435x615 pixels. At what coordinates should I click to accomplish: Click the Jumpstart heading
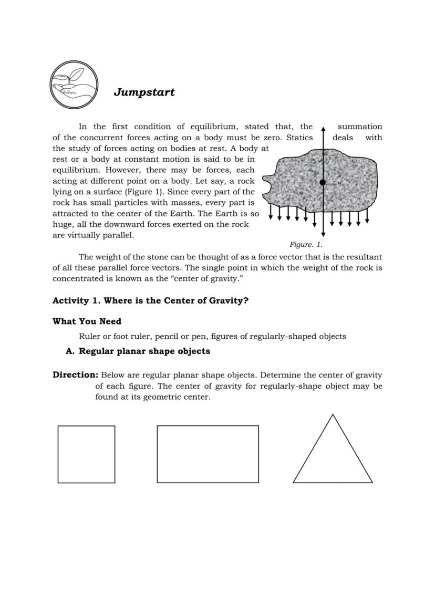click(x=144, y=92)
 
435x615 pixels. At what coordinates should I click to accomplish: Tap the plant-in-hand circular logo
click(x=74, y=85)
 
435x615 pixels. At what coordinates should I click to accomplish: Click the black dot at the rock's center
click(x=323, y=182)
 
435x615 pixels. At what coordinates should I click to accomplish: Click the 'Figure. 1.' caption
click(x=306, y=245)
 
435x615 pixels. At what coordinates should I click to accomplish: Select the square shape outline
click(x=86, y=454)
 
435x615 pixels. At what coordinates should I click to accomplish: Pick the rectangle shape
click(x=208, y=454)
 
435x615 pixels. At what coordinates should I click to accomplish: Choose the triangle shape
click(x=333, y=457)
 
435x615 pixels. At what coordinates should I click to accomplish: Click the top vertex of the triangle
click(x=333, y=415)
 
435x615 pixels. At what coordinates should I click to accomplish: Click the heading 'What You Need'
click(x=87, y=321)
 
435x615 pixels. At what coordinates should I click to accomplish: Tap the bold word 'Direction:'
click(x=75, y=375)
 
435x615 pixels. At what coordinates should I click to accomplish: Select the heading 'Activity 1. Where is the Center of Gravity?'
click(x=150, y=301)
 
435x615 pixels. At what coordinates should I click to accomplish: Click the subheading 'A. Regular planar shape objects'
click(x=138, y=351)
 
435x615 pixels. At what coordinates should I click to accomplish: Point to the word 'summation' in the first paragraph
click(x=359, y=127)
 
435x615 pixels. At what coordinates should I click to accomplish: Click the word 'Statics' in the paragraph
click(x=299, y=138)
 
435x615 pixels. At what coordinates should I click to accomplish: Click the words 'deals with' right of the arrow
click(x=357, y=138)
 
